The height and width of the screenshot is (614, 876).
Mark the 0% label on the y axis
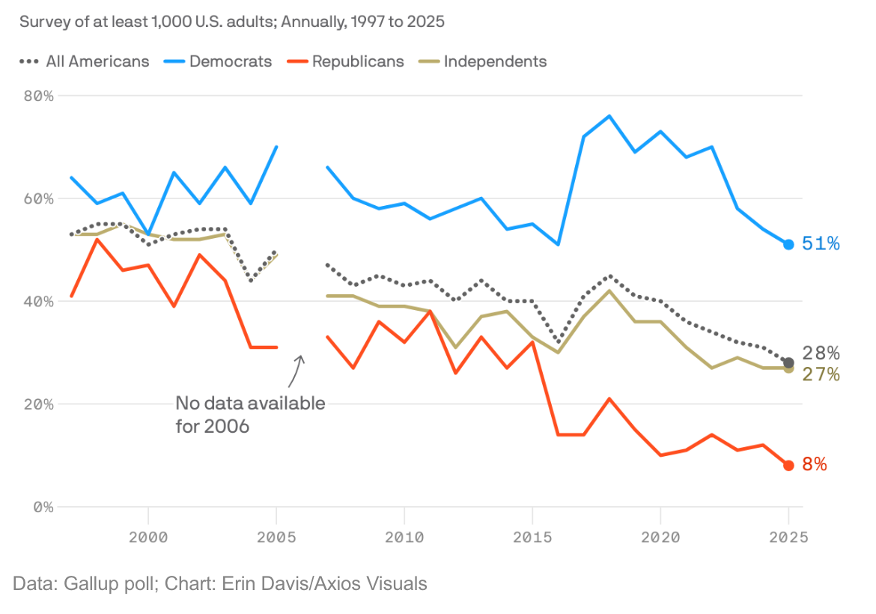tap(41, 507)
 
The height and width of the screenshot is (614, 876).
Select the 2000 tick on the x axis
tap(148, 537)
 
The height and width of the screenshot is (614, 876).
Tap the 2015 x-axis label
tap(532, 537)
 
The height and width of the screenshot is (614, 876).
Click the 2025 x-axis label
tap(788, 537)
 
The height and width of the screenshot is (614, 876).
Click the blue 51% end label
tap(821, 244)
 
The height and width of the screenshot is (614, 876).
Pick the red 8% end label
tap(815, 465)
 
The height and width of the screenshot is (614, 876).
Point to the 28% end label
tap(821, 353)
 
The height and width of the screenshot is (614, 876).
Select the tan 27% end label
tap(821, 374)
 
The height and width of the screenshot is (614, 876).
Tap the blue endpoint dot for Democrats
tap(788, 244)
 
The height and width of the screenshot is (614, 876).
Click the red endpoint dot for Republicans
tap(788, 465)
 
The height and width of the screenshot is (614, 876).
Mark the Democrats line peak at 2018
tap(609, 116)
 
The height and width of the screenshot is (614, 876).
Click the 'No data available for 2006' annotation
tap(250, 415)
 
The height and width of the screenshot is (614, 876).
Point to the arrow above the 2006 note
tap(299, 367)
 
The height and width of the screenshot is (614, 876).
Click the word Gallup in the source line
tap(86, 583)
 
